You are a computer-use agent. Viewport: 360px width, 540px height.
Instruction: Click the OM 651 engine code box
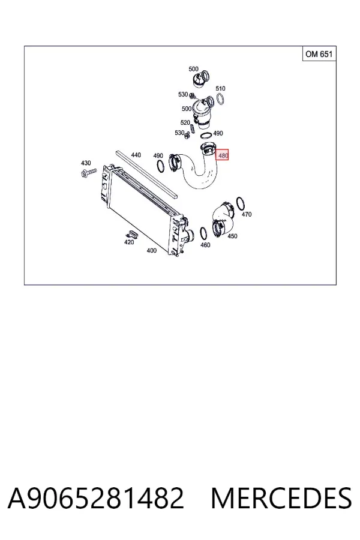pos(319,54)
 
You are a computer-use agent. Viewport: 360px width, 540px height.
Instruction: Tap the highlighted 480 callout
pos(222,155)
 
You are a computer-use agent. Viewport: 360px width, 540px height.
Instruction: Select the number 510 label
pos(220,89)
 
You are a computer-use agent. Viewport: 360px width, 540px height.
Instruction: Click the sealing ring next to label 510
pos(220,99)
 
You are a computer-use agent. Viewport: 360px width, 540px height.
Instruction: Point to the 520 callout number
pos(185,122)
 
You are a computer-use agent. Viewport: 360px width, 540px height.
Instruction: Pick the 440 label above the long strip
pos(136,155)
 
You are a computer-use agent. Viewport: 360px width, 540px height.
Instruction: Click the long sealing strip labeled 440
pos(147,174)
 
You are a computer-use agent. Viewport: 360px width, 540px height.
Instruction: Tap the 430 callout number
pos(86,163)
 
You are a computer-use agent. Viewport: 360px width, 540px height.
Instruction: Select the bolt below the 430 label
pos(89,173)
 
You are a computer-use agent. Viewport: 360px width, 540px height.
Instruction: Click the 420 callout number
pos(129,242)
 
